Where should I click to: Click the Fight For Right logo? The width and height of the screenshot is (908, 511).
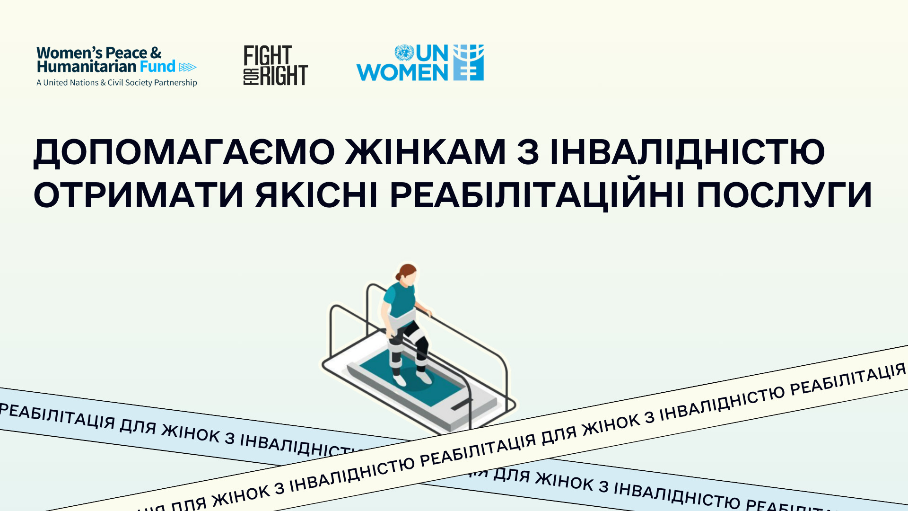(x=276, y=65)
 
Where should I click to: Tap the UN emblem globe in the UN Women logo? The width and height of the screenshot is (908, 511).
(x=404, y=53)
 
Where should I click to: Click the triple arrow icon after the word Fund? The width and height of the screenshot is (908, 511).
(x=188, y=67)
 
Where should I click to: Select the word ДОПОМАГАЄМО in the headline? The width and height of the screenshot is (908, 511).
(x=184, y=153)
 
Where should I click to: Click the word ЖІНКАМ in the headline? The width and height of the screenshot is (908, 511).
(x=426, y=152)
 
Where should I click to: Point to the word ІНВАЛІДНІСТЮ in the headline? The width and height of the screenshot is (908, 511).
(x=688, y=153)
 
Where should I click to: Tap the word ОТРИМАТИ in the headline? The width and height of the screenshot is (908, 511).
(x=139, y=195)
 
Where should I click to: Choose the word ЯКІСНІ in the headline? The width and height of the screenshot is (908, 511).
(x=316, y=195)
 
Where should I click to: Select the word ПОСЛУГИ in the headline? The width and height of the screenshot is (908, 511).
(x=784, y=195)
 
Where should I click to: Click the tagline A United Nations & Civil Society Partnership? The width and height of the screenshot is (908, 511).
(x=117, y=83)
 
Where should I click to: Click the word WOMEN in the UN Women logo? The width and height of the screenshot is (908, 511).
(x=402, y=73)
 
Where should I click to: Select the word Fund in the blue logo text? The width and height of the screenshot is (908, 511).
(x=157, y=66)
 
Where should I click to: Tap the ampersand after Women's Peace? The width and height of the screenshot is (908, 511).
(x=156, y=53)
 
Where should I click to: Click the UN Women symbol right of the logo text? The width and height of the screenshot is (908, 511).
(x=469, y=62)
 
